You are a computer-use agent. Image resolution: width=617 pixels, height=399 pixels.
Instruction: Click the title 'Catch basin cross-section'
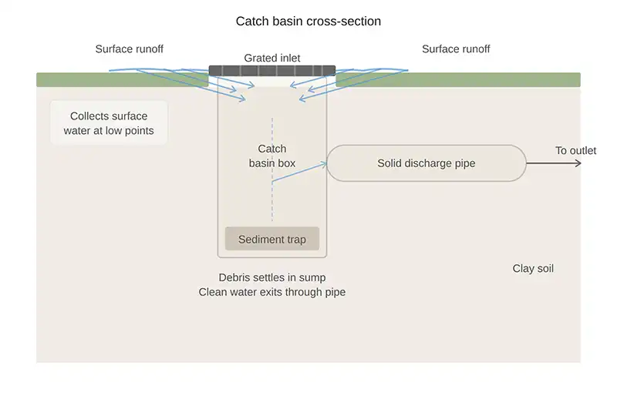click(308, 22)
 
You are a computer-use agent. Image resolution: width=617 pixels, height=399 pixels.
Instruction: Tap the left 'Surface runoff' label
click(130, 49)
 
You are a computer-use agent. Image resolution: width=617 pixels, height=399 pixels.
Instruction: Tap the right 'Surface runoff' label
click(456, 49)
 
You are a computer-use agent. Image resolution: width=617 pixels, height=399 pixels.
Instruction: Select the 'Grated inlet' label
click(272, 59)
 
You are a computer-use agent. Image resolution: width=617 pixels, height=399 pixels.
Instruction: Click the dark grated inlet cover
click(272, 71)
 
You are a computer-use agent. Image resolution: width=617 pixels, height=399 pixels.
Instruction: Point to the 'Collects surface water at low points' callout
click(109, 123)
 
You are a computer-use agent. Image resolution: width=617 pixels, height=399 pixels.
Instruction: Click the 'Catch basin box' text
click(271, 156)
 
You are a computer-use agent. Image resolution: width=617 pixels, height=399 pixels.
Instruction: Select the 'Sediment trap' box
click(272, 240)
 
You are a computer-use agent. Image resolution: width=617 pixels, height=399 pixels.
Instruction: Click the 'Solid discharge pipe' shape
click(427, 163)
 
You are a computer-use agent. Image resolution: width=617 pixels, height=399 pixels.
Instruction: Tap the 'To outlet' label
click(575, 150)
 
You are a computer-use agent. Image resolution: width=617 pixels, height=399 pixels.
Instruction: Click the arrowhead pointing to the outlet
click(578, 163)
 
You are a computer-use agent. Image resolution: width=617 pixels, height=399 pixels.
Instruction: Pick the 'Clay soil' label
click(533, 269)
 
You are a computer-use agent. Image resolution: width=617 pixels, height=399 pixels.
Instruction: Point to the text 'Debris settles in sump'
click(272, 277)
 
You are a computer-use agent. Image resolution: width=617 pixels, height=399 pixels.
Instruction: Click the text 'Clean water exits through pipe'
click(272, 292)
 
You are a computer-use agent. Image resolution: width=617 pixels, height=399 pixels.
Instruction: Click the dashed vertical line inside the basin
click(272, 200)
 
